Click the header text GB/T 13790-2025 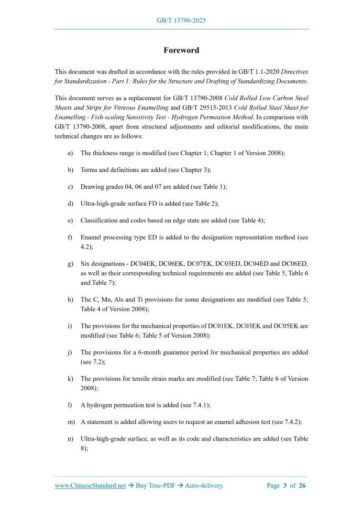pos(181,20)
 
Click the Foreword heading pos(181,50)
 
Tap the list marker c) pos(70,187)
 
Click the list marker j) pos(70,352)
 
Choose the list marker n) pos(70,439)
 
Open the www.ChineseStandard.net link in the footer pos(90,486)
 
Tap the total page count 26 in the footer pos(302,486)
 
